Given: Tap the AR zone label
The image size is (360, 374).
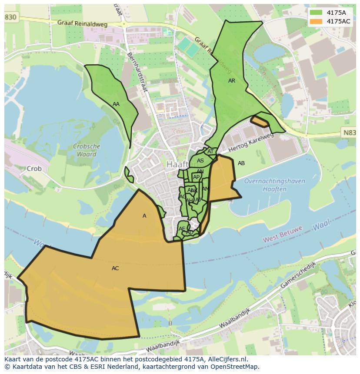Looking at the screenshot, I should pos(232,81).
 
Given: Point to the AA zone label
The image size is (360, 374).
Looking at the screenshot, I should pos(116,104).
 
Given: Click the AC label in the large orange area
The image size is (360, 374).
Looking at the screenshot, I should pos(115,268).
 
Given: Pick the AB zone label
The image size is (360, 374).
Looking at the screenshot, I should pos(241,163).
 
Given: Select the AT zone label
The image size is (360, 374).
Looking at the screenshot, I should pos(210,152).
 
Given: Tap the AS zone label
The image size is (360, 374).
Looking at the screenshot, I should pos(200,161).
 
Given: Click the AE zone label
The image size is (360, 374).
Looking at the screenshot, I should pos(182,229).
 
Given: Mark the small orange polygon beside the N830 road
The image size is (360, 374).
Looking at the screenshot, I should pos(260,121).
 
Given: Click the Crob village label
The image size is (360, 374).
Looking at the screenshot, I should pos(34,169).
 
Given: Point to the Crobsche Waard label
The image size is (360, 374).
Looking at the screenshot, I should pos(87,150).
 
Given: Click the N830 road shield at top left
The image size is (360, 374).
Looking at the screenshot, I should pos(10,17).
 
